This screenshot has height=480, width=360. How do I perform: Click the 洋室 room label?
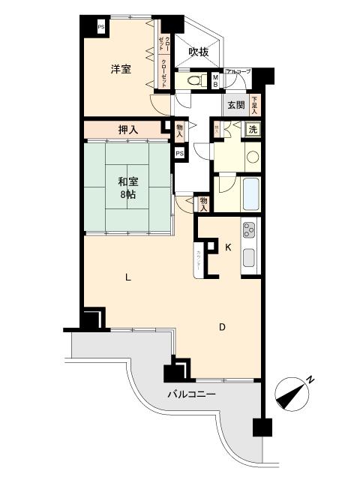121,70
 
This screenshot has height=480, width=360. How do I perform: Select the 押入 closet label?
128,130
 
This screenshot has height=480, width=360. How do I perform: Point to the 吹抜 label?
198,52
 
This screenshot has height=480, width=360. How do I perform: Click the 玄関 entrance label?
235,105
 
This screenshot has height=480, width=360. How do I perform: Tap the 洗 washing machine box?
254,129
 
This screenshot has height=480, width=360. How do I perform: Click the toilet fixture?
193,79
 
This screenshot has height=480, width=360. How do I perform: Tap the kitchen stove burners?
249,230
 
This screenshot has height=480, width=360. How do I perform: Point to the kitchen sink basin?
250,259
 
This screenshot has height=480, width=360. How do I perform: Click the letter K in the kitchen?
229,247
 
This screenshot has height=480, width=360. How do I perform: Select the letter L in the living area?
128,277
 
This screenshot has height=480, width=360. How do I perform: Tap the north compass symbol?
292,391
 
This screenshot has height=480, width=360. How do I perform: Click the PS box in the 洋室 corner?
101,28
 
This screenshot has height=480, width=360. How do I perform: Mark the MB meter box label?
215,80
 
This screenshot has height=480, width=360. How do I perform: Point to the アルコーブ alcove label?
238,71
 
